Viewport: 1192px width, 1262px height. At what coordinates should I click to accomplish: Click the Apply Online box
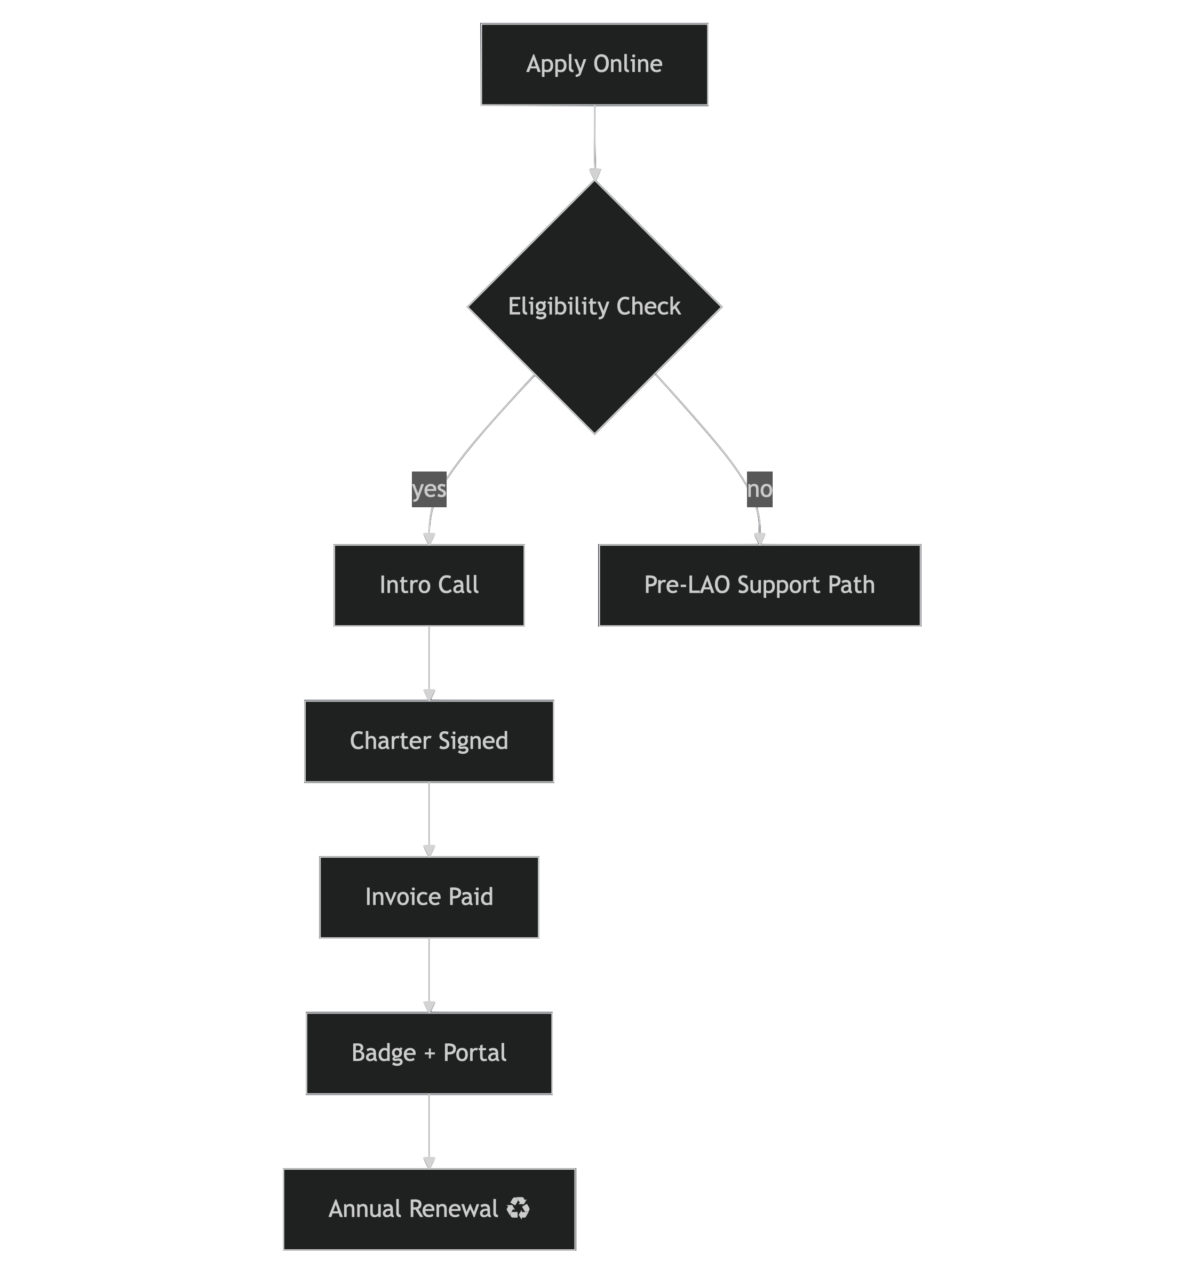click(594, 64)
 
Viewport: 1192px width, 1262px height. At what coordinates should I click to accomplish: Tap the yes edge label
click(429, 490)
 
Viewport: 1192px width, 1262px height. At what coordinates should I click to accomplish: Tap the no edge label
click(759, 490)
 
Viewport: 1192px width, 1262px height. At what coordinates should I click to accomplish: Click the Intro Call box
click(429, 585)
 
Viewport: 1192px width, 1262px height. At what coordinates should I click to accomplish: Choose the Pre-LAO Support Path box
click(759, 585)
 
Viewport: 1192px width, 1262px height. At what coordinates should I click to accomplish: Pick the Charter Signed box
click(429, 741)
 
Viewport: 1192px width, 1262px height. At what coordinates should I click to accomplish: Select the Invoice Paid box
click(429, 897)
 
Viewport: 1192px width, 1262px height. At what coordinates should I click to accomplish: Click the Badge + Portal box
click(429, 1053)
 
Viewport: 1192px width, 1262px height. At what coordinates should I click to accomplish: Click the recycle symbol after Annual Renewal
click(518, 1208)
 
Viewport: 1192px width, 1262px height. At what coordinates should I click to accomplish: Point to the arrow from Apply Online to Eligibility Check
click(595, 143)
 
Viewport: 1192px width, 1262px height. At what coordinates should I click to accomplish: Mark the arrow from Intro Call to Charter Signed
click(429, 664)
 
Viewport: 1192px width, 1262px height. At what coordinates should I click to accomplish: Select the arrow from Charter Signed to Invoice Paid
click(429, 819)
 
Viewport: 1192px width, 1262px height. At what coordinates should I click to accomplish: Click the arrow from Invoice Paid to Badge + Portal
click(429, 976)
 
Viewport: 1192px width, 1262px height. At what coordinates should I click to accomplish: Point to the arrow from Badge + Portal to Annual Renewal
click(429, 1131)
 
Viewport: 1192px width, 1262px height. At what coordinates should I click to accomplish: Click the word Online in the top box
click(628, 64)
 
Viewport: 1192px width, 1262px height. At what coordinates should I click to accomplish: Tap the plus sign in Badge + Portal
click(430, 1053)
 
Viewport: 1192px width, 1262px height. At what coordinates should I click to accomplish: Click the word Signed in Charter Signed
click(473, 741)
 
